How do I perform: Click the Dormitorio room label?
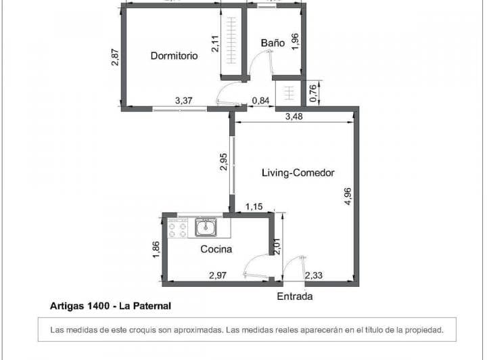(x=174, y=56)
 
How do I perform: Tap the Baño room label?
(x=272, y=43)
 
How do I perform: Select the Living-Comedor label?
(x=298, y=173)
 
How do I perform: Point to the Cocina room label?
(x=216, y=249)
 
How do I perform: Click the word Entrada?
(x=295, y=297)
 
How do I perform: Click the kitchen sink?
(x=206, y=227)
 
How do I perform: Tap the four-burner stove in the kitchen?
(x=178, y=228)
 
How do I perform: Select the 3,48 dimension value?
(x=294, y=117)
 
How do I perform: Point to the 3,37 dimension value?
(x=183, y=101)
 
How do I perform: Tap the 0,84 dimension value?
(x=260, y=102)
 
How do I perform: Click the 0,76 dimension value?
(x=313, y=93)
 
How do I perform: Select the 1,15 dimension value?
(x=254, y=206)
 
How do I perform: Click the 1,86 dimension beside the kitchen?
(x=156, y=249)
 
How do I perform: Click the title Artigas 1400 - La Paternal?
(x=110, y=306)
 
